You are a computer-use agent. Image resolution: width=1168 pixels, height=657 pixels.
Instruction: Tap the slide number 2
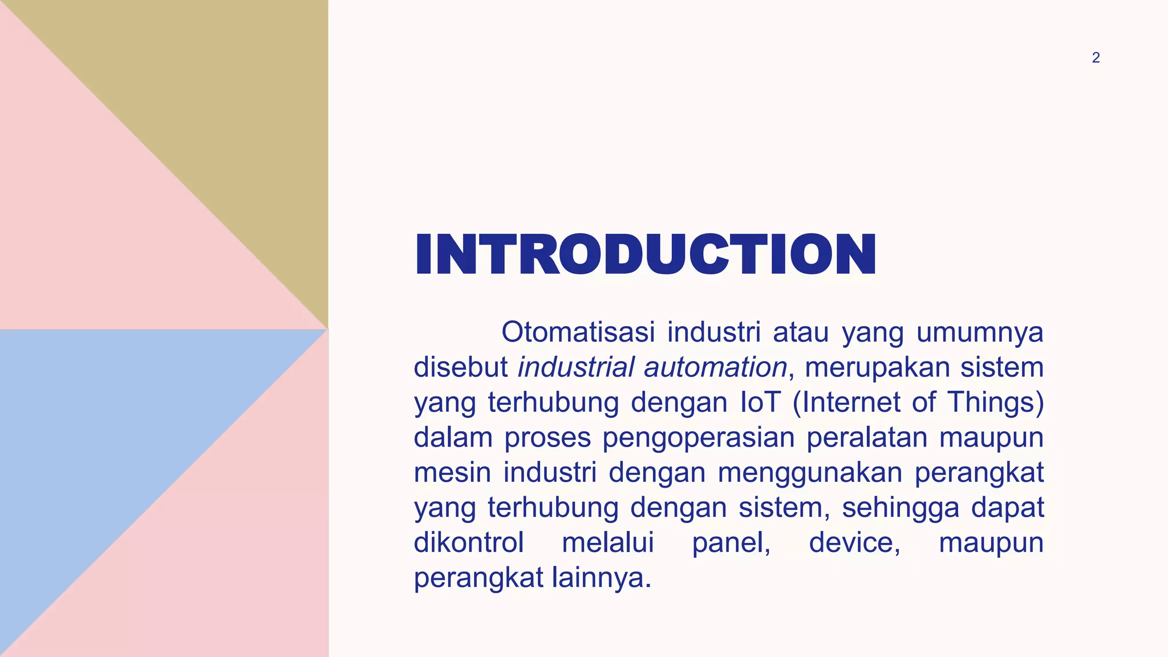[1096, 58]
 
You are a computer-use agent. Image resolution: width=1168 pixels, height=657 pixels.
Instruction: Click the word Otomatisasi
[578, 332]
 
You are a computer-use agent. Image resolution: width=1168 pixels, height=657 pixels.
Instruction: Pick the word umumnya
[980, 332]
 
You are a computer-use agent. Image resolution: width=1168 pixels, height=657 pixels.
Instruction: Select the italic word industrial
[575, 367]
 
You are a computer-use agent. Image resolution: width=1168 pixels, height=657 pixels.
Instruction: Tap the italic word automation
[715, 367]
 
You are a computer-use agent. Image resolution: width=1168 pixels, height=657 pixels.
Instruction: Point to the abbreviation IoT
[760, 402]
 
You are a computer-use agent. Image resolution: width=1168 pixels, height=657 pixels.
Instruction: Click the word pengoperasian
[698, 437]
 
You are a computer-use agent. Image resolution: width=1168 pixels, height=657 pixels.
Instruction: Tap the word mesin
[452, 472]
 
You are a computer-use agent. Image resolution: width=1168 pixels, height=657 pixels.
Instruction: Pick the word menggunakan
[810, 472]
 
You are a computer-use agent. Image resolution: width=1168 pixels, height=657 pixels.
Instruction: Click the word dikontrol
[469, 542]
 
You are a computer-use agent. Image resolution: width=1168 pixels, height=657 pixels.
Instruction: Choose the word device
[854, 542]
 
